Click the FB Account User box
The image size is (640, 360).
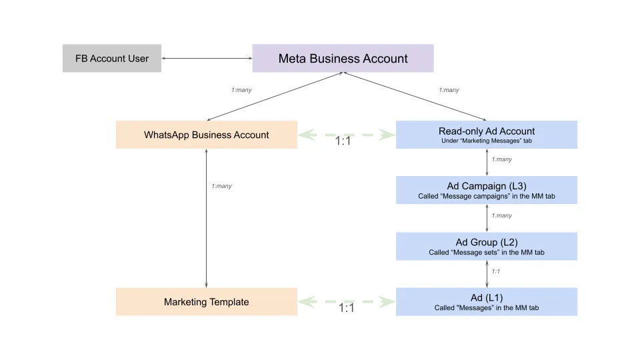tap(111, 59)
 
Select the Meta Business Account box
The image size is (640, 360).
tap(343, 59)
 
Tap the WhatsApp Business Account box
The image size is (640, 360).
tap(206, 135)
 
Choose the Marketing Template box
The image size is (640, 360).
tap(206, 302)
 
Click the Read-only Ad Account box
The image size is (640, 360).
tap(486, 135)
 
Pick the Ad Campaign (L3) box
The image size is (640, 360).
tap(486, 190)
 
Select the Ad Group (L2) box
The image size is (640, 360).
tap(486, 246)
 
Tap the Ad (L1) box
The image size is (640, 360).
tap(486, 302)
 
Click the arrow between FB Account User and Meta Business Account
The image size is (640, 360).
tap(207, 59)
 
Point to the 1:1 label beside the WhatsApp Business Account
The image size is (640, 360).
tap(343, 141)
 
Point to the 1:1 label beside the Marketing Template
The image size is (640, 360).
tap(346, 308)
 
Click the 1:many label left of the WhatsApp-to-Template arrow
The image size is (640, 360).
tap(221, 186)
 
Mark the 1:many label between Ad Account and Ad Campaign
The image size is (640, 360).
tap(501, 159)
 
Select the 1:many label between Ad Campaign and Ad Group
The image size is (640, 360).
tap(501, 215)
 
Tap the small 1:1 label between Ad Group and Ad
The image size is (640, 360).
tap(496, 271)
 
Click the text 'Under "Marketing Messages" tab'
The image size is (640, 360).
tap(486, 141)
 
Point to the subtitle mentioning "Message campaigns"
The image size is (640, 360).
tap(486, 196)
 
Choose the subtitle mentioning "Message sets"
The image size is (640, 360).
tap(486, 252)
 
